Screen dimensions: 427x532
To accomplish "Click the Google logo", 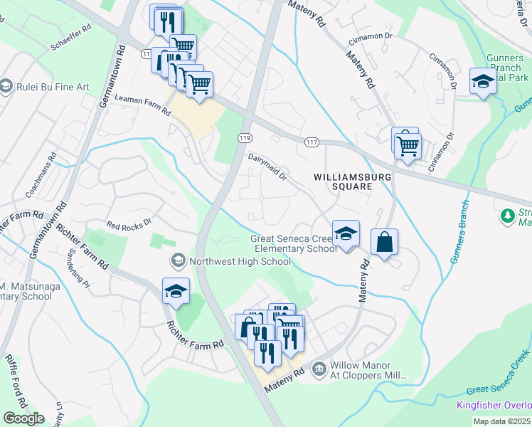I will click(x=23, y=418).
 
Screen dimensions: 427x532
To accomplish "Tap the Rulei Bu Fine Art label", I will click(x=53, y=88).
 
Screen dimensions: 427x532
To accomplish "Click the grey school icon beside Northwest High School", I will click(x=177, y=262).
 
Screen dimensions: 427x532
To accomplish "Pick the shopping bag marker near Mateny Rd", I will click(x=384, y=242).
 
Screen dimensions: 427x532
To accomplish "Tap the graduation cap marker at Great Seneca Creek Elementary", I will click(x=346, y=233).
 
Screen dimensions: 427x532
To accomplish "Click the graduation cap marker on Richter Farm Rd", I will click(x=176, y=291).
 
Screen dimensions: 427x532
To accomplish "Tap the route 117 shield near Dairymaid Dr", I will click(x=311, y=142).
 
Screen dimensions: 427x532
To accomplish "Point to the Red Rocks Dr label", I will click(x=129, y=223).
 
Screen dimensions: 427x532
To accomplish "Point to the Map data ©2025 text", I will click(x=501, y=421).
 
